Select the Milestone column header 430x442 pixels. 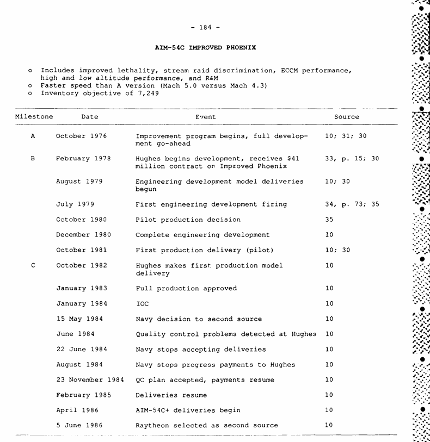(x=34, y=117)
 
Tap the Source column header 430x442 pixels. (x=347, y=117)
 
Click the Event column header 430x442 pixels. (x=205, y=117)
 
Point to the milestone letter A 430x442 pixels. (x=33, y=136)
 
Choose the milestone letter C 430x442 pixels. (x=33, y=265)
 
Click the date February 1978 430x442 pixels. (x=83, y=159)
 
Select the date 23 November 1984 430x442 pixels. (x=90, y=380)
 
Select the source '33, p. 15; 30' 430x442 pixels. (x=352, y=159)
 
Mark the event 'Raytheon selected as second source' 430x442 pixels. (x=207, y=425)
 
